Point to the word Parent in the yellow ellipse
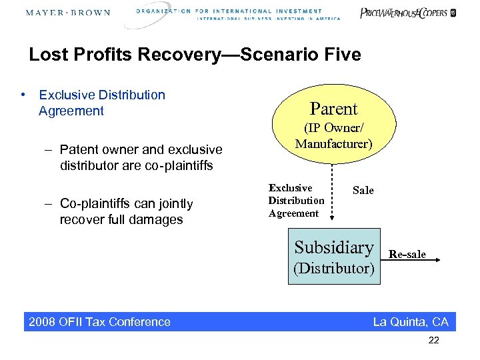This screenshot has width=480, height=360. (333, 109)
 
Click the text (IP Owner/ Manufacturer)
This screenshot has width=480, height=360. (333, 135)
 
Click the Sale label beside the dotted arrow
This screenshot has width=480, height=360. (363, 191)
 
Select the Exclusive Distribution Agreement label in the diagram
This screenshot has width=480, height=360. (296, 201)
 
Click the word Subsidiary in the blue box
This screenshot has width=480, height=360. (334, 247)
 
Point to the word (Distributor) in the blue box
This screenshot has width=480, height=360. (334, 269)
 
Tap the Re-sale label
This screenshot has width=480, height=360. (407, 255)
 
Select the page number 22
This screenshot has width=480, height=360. (434, 341)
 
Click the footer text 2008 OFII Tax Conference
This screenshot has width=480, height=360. (99, 322)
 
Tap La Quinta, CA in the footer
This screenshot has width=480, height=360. (411, 322)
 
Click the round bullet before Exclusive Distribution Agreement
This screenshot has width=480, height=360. (23, 95)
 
